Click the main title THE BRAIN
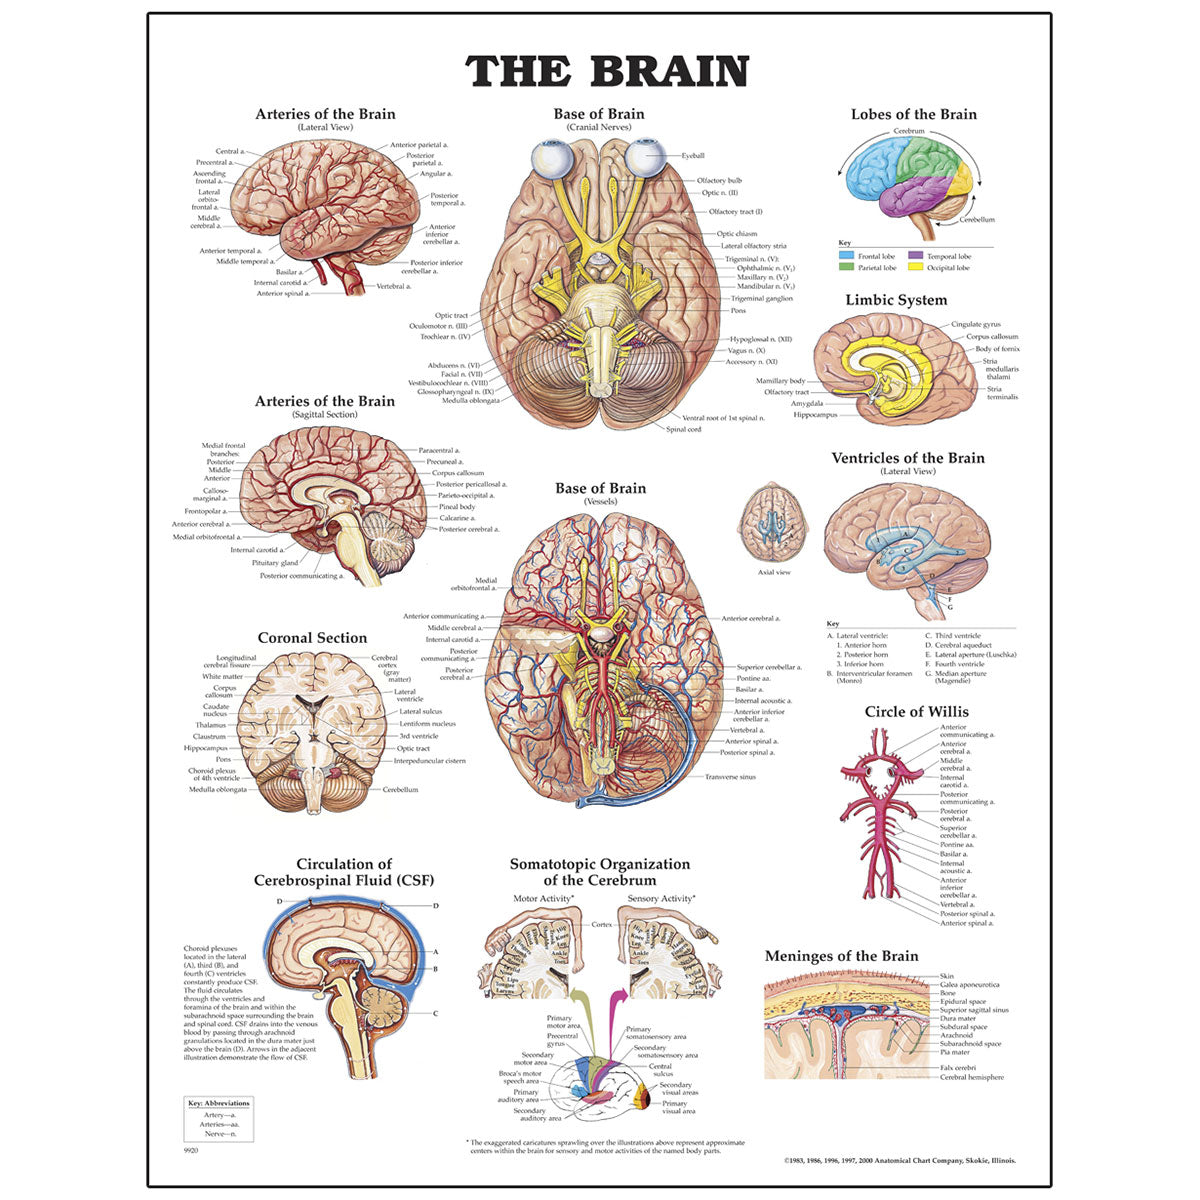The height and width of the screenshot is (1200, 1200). coord(607,71)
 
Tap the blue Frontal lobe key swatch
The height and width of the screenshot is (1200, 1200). coord(846,257)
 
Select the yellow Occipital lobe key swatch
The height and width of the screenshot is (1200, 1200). coord(915,268)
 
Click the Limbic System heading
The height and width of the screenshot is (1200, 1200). coord(896,300)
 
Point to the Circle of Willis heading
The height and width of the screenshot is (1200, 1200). coord(916,712)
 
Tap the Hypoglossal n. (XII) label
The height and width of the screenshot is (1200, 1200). coord(760,339)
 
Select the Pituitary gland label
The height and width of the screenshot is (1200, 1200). coord(274,563)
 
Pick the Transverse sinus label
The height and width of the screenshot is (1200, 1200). coord(730,777)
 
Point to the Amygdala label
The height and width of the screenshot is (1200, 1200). coord(806,404)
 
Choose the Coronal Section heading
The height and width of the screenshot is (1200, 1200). coord(312,638)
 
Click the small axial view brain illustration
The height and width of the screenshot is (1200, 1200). coord(774,524)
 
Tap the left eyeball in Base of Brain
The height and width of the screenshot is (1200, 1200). coord(549,159)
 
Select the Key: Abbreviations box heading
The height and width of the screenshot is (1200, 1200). coord(219,1103)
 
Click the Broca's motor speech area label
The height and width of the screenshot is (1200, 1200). coord(520,1077)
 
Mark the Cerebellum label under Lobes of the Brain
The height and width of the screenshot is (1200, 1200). coord(977,219)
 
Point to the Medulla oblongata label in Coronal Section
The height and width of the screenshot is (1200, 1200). coord(218,789)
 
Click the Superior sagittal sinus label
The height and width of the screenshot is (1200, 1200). coord(974,1010)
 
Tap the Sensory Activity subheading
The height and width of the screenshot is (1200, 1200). coord(661,899)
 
